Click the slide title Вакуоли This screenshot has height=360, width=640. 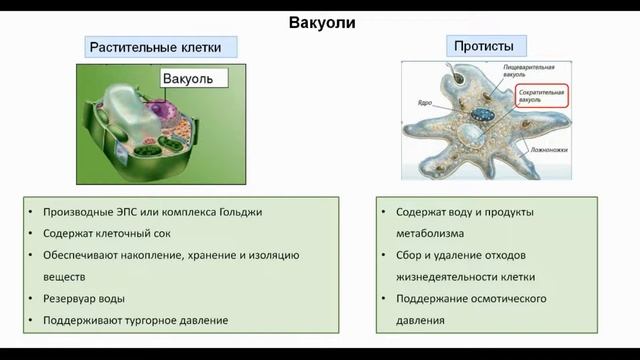[321, 22]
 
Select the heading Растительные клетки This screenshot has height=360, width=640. [160, 47]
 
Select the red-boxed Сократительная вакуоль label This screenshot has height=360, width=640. [542, 96]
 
